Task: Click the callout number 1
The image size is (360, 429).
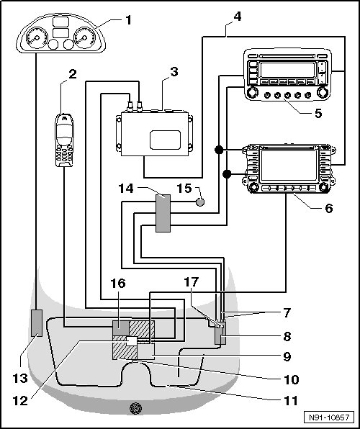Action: click(x=128, y=20)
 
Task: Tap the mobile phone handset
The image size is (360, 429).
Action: click(x=64, y=140)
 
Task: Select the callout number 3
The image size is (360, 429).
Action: click(x=174, y=72)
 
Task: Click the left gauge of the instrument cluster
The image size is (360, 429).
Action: click(x=37, y=37)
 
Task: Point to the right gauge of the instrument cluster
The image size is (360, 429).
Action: click(x=84, y=37)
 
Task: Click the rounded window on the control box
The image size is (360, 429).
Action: click(x=165, y=140)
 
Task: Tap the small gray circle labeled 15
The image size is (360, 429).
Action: click(x=200, y=202)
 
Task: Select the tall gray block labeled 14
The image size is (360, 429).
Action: click(x=163, y=213)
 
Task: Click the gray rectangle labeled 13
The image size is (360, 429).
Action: click(x=37, y=323)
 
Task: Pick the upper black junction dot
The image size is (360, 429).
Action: click(x=219, y=150)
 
